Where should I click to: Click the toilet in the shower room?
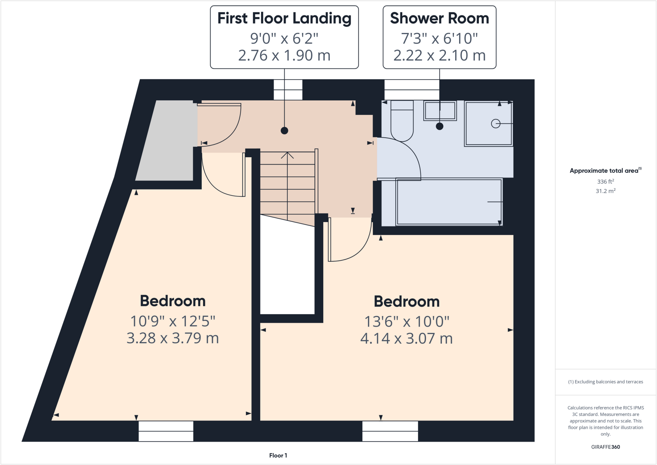[402, 124]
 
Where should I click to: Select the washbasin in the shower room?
[440, 111]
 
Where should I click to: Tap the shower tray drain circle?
[495, 124]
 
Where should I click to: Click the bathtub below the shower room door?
[449, 202]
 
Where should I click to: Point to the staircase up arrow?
[287, 155]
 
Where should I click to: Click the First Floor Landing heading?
[284, 18]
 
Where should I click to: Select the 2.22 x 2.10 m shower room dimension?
[439, 56]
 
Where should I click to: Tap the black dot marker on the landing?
[284, 131]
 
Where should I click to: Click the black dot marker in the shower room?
[439, 126]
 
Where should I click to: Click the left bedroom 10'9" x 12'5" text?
[173, 321]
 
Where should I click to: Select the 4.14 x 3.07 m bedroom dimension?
[406, 339]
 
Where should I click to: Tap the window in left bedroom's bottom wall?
[166, 431]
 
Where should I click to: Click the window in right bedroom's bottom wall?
[390, 431]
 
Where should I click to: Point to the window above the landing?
[288, 90]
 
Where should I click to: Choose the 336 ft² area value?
[605, 182]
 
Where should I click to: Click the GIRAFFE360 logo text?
[605, 447]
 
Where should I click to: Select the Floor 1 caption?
[278, 455]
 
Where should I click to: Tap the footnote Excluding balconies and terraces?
[605, 382]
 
